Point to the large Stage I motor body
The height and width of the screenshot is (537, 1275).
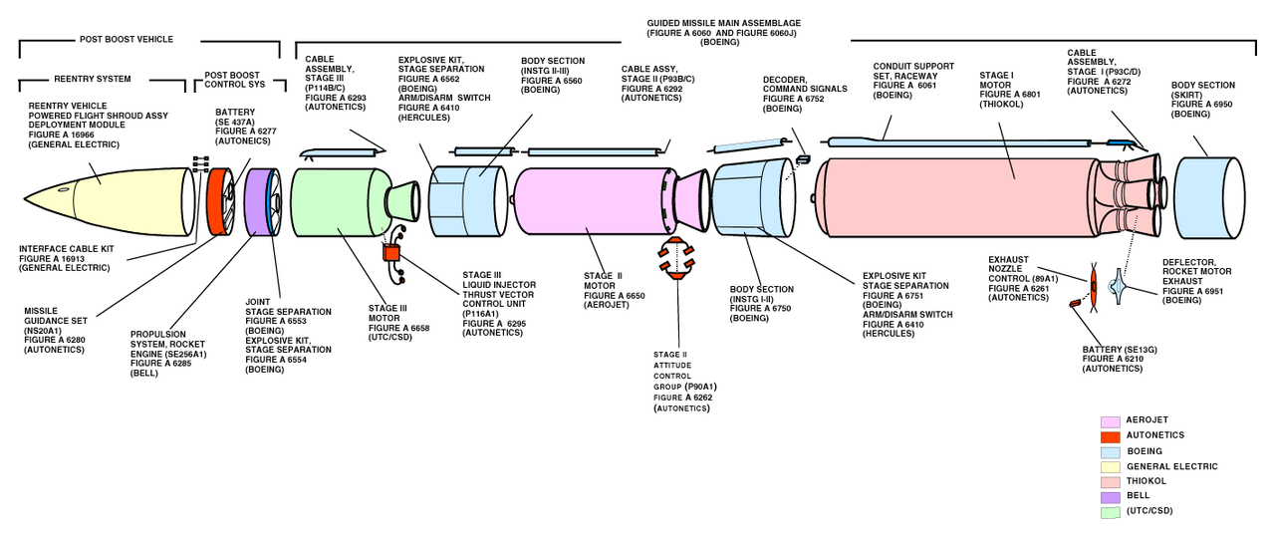click(956, 195)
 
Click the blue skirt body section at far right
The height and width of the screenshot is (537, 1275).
click(1205, 195)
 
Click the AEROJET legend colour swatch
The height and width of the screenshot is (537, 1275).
click(1110, 420)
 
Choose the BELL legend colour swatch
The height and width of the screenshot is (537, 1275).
click(1110, 497)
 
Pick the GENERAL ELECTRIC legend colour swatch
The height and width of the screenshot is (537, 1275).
click(1110, 466)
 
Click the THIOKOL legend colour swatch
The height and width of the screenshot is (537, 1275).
click(1110, 482)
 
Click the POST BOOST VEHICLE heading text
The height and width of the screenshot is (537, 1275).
click(126, 40)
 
